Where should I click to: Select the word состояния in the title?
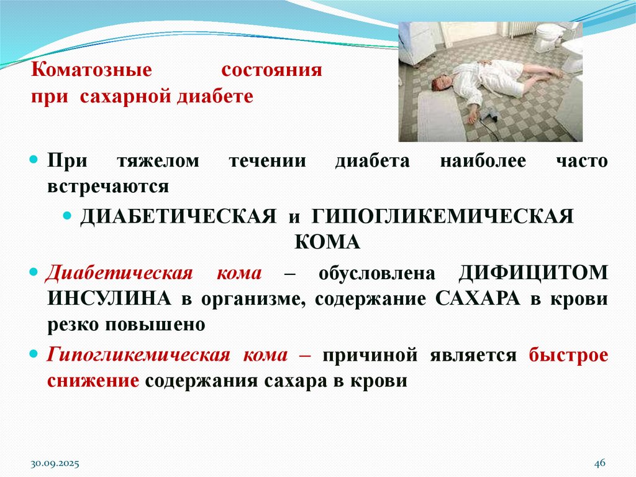click(271, 70)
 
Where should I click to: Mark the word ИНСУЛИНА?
click(108, 299)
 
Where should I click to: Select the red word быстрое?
click(568, 355)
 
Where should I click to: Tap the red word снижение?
click(93, 381)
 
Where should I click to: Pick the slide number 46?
click(599, 464)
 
